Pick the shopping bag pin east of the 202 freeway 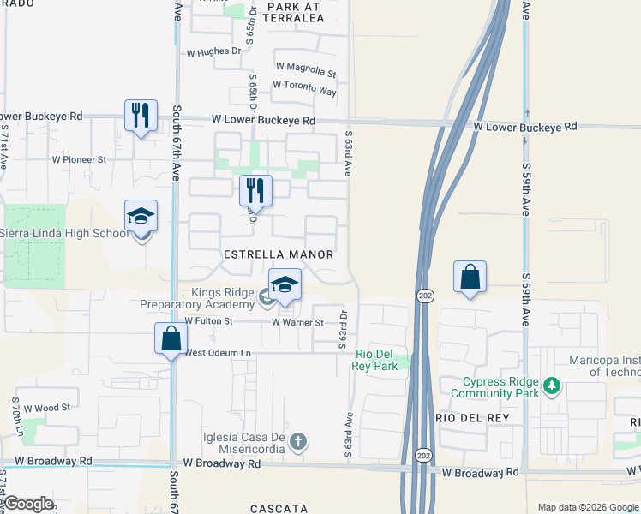coord(470,278)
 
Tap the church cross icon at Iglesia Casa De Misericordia coord(297,442)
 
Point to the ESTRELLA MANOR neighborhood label coord(278,255)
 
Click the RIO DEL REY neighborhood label coord(472,417)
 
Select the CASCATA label coord(279,508)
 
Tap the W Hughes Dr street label coord(213,51)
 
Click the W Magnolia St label coord(306,66)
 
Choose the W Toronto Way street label coord(304,87)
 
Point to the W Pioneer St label coord(79,159)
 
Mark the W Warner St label coord(297,323)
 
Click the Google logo coord(28,504)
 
